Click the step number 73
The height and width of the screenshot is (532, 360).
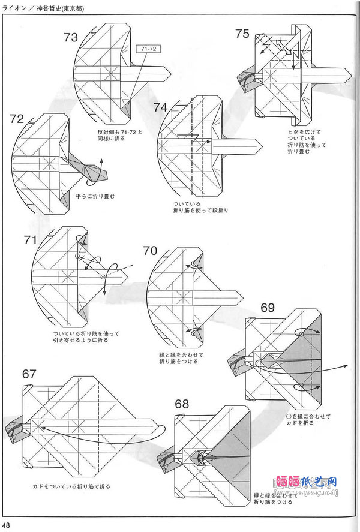(71, 38)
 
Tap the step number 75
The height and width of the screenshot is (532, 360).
(242, 34)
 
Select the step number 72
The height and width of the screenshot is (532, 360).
(17, 118)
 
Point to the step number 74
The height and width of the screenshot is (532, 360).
(160, 107)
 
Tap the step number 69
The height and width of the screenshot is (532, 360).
(268, 308)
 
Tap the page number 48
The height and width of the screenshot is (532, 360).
(7, 525)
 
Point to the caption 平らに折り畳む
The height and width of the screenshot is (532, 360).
(95, 196)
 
